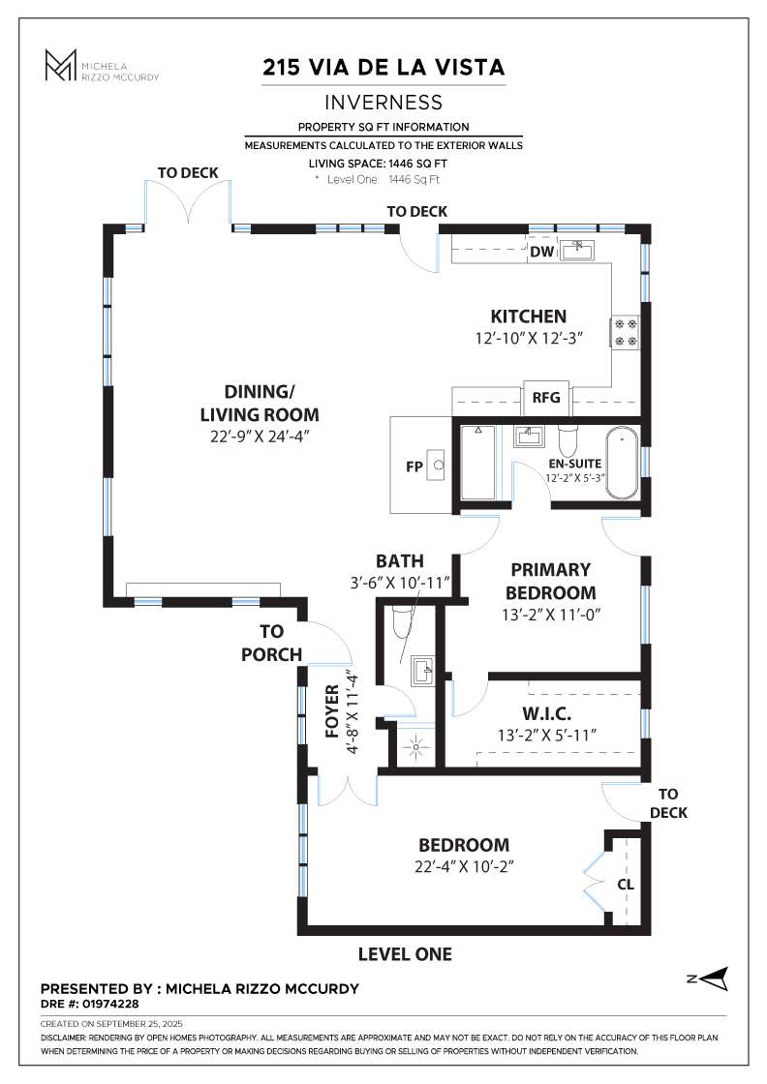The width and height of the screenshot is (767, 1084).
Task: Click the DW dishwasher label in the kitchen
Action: tap(541, 253)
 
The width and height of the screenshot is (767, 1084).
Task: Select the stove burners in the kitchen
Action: tap(624, 333)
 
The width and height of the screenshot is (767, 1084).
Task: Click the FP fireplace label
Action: tap(413, 466)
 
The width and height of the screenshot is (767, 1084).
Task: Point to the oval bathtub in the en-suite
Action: tap(623, 463)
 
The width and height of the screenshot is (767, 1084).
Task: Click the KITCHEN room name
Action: tap(528, 316)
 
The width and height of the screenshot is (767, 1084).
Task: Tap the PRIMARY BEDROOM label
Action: tap(551, 581)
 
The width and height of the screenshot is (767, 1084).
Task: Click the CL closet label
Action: tap(626, 884)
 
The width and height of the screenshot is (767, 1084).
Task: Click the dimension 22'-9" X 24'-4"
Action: tap(259, 437)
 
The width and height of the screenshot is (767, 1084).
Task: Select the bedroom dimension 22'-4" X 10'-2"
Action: tap(462, 866)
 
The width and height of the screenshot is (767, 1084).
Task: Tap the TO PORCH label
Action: tap(271, 643)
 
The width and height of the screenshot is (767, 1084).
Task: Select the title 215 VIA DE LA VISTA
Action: tap(383, 68)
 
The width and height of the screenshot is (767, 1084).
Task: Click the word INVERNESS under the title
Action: tap(383, 103)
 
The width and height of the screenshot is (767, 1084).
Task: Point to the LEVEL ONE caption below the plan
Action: tap(405, 954)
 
